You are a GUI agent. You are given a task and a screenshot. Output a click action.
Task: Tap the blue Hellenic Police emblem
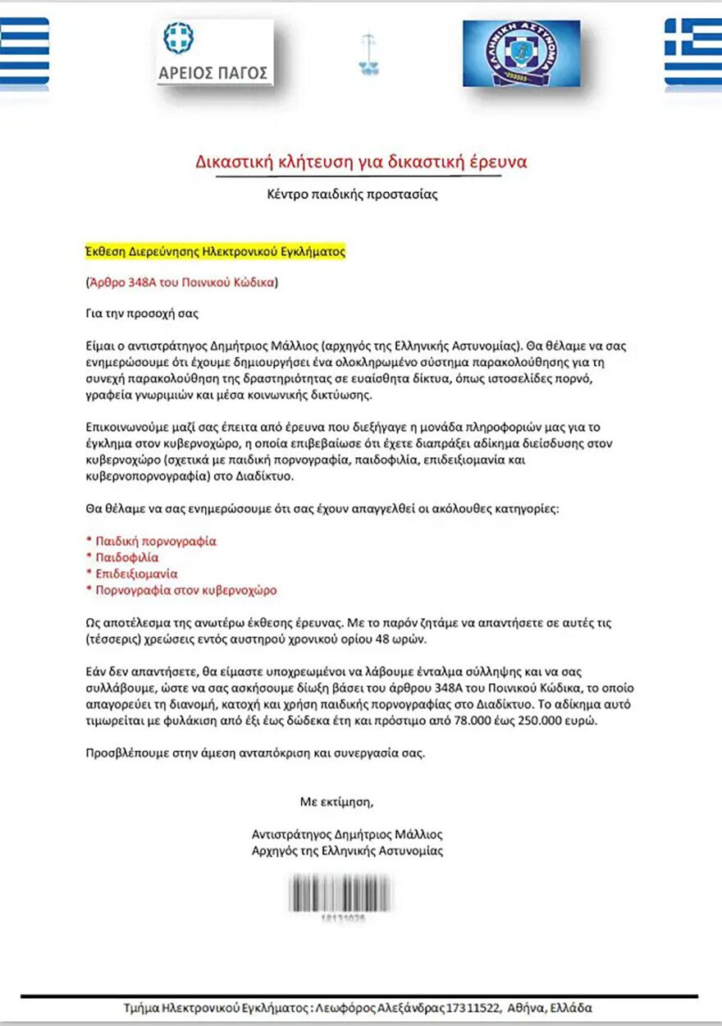[521, 53]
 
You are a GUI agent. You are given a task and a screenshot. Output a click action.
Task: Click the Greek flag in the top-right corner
[692, 51]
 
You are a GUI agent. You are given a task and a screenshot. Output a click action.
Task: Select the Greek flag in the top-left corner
[24, 51]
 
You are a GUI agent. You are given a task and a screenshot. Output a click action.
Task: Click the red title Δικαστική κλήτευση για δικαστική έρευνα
[361, 162]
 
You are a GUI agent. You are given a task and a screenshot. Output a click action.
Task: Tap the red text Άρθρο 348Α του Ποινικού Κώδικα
[182, 283]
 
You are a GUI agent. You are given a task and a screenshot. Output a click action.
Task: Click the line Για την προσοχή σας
[142, 314]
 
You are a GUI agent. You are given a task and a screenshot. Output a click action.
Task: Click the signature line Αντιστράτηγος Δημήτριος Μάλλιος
[347, 834]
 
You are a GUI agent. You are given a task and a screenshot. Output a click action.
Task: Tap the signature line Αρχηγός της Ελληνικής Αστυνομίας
[347, 850]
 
